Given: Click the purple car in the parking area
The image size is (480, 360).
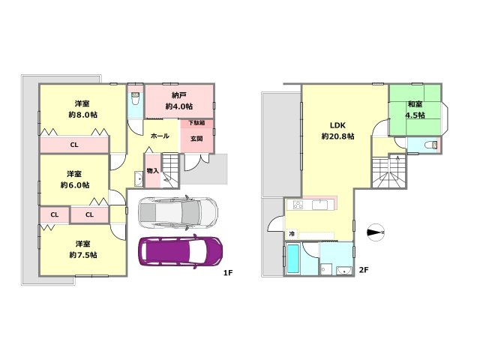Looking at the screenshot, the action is (x=181, y=251).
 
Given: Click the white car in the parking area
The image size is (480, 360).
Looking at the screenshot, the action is (x=178, y=212).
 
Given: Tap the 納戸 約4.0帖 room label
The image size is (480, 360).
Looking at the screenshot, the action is (x=179, y=100).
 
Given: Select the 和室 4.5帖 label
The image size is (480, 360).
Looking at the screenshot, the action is (x=415, y=109).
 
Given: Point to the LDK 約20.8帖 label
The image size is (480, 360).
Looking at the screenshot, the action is (x=338, y=130).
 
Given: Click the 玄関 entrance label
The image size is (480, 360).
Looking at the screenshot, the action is (x=196, y=139).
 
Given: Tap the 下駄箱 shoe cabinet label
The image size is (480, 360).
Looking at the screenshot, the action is (x=196, y=123).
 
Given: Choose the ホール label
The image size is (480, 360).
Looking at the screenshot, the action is (x=160, y=136).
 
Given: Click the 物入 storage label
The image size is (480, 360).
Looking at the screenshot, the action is (x=152, y=171).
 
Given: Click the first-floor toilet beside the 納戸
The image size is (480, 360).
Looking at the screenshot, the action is (x=135, y=98).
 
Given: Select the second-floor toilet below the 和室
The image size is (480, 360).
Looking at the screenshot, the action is (x=431, y=145).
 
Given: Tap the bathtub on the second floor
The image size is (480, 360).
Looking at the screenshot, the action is (x=293, y=259).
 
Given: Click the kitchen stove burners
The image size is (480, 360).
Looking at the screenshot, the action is (x=298, y=205).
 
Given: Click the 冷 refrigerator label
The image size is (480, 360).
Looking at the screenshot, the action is (x=292, y=234).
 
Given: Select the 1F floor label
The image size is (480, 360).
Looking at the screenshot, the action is (x=228, y=272).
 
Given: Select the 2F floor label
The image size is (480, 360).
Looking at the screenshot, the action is (x=363, y=270).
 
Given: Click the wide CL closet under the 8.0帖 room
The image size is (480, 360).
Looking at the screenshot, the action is (x=74, y=145).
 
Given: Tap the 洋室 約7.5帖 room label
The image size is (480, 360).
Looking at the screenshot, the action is (x=83, y=250).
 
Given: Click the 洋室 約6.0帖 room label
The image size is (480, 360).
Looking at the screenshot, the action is (x=75, y=180).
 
